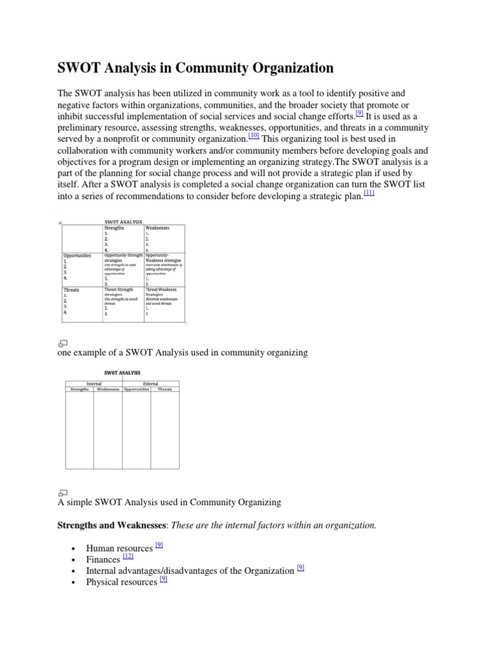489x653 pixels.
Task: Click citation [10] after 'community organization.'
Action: [x=253, y=135]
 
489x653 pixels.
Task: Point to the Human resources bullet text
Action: [x=119, y=548]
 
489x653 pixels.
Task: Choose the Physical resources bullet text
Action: [x=121, y=582]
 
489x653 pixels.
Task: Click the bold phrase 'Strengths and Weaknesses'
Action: [x=113, y=525]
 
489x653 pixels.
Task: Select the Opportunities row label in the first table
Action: [x=77, y=255]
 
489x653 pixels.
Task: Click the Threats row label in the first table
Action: [x=71, y=290]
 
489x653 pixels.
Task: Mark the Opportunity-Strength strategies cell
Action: [x=123, y=258]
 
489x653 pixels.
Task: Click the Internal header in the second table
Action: [x=94, y=383]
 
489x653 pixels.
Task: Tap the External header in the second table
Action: [x=151, y=383]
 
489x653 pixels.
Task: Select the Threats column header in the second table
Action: [x=165, y=389]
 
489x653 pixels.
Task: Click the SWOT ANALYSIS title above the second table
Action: [x=122, y=372]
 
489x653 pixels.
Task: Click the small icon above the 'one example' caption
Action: [x=63, y=343]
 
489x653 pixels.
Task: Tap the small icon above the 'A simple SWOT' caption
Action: [x=63, y=492]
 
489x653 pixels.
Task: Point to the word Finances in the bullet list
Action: [x=103, y=560]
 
